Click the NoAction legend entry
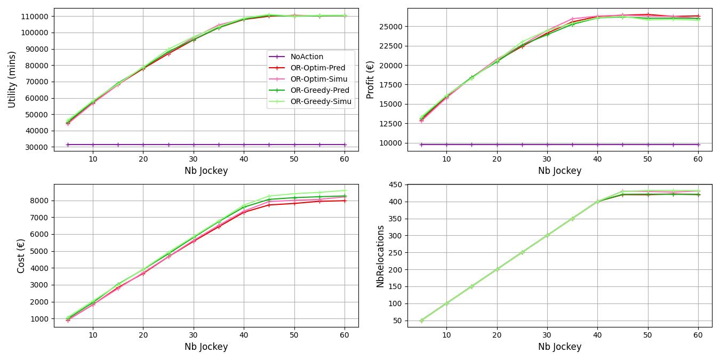(307, 57)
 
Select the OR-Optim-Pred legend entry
(317, 68)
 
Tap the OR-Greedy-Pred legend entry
(319, 90)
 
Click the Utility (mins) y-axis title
(12, 79)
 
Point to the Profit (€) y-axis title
(370, 79)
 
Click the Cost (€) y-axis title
(21, 256)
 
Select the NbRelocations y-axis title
(380, 256)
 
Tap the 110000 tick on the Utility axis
(35, 17)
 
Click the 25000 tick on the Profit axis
(390, 27)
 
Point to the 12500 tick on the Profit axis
(390, 124)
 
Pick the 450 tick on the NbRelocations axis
(395, 185)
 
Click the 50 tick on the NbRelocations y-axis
(397, 321)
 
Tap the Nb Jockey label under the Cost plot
(206, 347)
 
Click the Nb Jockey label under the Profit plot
(559, 171)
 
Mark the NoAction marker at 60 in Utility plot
(345, 145)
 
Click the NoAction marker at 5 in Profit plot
(421, 145)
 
